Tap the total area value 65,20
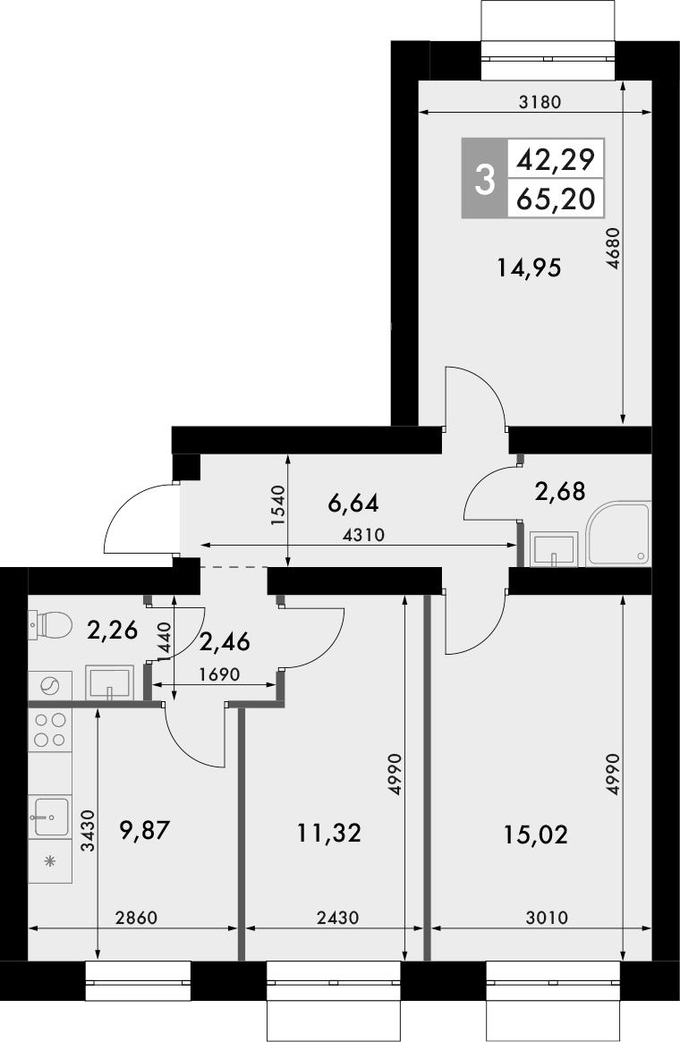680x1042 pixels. point(555,199)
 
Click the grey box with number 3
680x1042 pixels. point(484,179)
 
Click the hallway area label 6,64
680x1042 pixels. point(353,504)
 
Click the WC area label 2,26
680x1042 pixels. point(113,631)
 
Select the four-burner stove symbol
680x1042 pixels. point(50,728)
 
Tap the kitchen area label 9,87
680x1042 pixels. point(144,832)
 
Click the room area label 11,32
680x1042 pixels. point(328,834)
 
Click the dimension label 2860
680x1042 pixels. point(138,918)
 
